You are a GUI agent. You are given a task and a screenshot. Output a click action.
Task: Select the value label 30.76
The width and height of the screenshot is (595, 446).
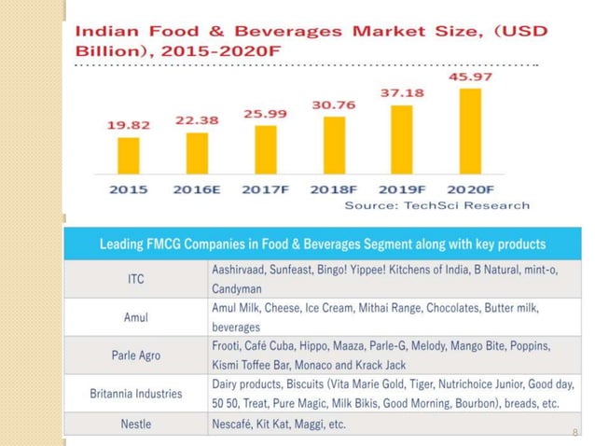[x=334, y=104]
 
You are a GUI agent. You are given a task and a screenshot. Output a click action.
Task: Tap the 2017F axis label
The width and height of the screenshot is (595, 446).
[x=266, y=188]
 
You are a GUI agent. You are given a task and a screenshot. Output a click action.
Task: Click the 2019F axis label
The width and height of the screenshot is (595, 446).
[x=402, y=188]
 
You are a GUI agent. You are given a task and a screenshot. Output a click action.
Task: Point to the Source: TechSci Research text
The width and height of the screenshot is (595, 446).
[x=437, y=205]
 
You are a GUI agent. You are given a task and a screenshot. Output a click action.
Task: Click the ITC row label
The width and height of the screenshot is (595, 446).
[x=135, y=278]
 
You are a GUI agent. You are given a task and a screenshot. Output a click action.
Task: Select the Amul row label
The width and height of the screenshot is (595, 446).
[x=135, y=318]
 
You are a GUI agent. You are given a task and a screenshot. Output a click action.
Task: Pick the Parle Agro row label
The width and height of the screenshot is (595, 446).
[x=135, y=355]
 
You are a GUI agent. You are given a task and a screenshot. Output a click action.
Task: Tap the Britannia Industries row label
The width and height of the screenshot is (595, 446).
[x=135, y=394]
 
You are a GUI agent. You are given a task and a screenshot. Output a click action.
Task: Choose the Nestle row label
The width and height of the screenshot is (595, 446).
[x=135, y=425]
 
